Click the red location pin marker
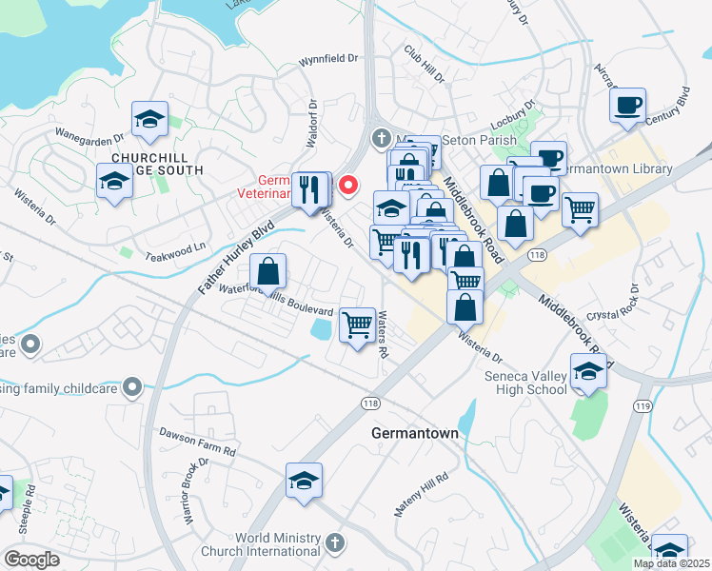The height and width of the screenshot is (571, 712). click(x=349, y=184)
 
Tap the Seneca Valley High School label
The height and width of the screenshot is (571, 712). click(x=527, y=384)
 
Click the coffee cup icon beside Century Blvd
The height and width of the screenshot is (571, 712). click(x=627, y=107)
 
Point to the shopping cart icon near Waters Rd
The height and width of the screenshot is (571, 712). click(x=357, y=325)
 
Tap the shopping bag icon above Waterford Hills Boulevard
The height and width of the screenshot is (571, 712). click(x=269, y=271)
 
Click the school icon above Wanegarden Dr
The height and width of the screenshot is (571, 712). click(x=149, y=120)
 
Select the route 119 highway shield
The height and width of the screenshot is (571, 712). click(x=643, y=406)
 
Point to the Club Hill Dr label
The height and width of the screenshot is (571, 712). click(x=425, y=63)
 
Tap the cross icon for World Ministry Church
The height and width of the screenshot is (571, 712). click(x=333, y=541)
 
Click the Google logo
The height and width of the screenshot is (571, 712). click(x=31, y=560)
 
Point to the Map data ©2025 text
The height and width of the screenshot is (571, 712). click(x=671, y=563)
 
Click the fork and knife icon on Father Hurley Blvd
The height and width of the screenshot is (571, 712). click(x=307, y=189)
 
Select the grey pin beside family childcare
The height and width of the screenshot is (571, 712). click(x=132, y=386)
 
